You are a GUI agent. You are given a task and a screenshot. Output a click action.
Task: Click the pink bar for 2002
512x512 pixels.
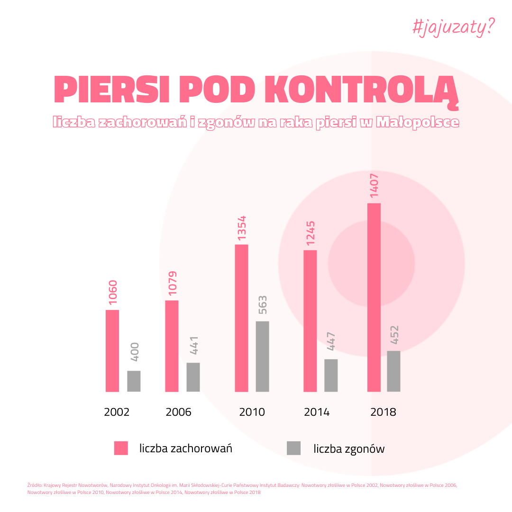[x=112, y=351]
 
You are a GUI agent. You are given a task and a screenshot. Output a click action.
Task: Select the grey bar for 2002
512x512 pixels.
[x=134, y=381]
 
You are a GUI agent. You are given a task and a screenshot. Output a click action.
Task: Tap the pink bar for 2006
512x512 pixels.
[x=172, y=346]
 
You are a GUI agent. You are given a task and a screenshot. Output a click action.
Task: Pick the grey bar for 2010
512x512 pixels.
[x=262, y=357]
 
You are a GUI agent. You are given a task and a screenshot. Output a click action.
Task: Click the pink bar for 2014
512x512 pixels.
[x=310, y=321]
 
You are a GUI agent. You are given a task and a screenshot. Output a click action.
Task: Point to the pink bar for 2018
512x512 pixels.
[x=374, y=298]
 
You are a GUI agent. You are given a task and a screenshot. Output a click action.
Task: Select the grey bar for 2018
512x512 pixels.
[x=393, y=371]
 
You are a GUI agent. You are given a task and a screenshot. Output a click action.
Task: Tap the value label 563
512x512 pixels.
[x=263, y=305]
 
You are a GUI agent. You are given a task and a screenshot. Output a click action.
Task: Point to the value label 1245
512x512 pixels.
[x=311, y=233]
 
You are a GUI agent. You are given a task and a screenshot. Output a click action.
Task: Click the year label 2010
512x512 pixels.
[x=252, y=412]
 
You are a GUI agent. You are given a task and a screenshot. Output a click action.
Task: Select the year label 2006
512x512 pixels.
[x=178, y=412]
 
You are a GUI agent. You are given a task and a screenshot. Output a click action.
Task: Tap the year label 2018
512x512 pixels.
[x=383, y=412]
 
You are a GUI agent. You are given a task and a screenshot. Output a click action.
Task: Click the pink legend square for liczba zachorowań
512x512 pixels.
[x=121, y=448]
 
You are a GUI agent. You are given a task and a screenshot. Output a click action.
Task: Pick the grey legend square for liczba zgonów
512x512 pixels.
[x=293, y=448]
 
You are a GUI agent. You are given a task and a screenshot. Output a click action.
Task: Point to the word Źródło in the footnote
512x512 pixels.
[x=34, y=485]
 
